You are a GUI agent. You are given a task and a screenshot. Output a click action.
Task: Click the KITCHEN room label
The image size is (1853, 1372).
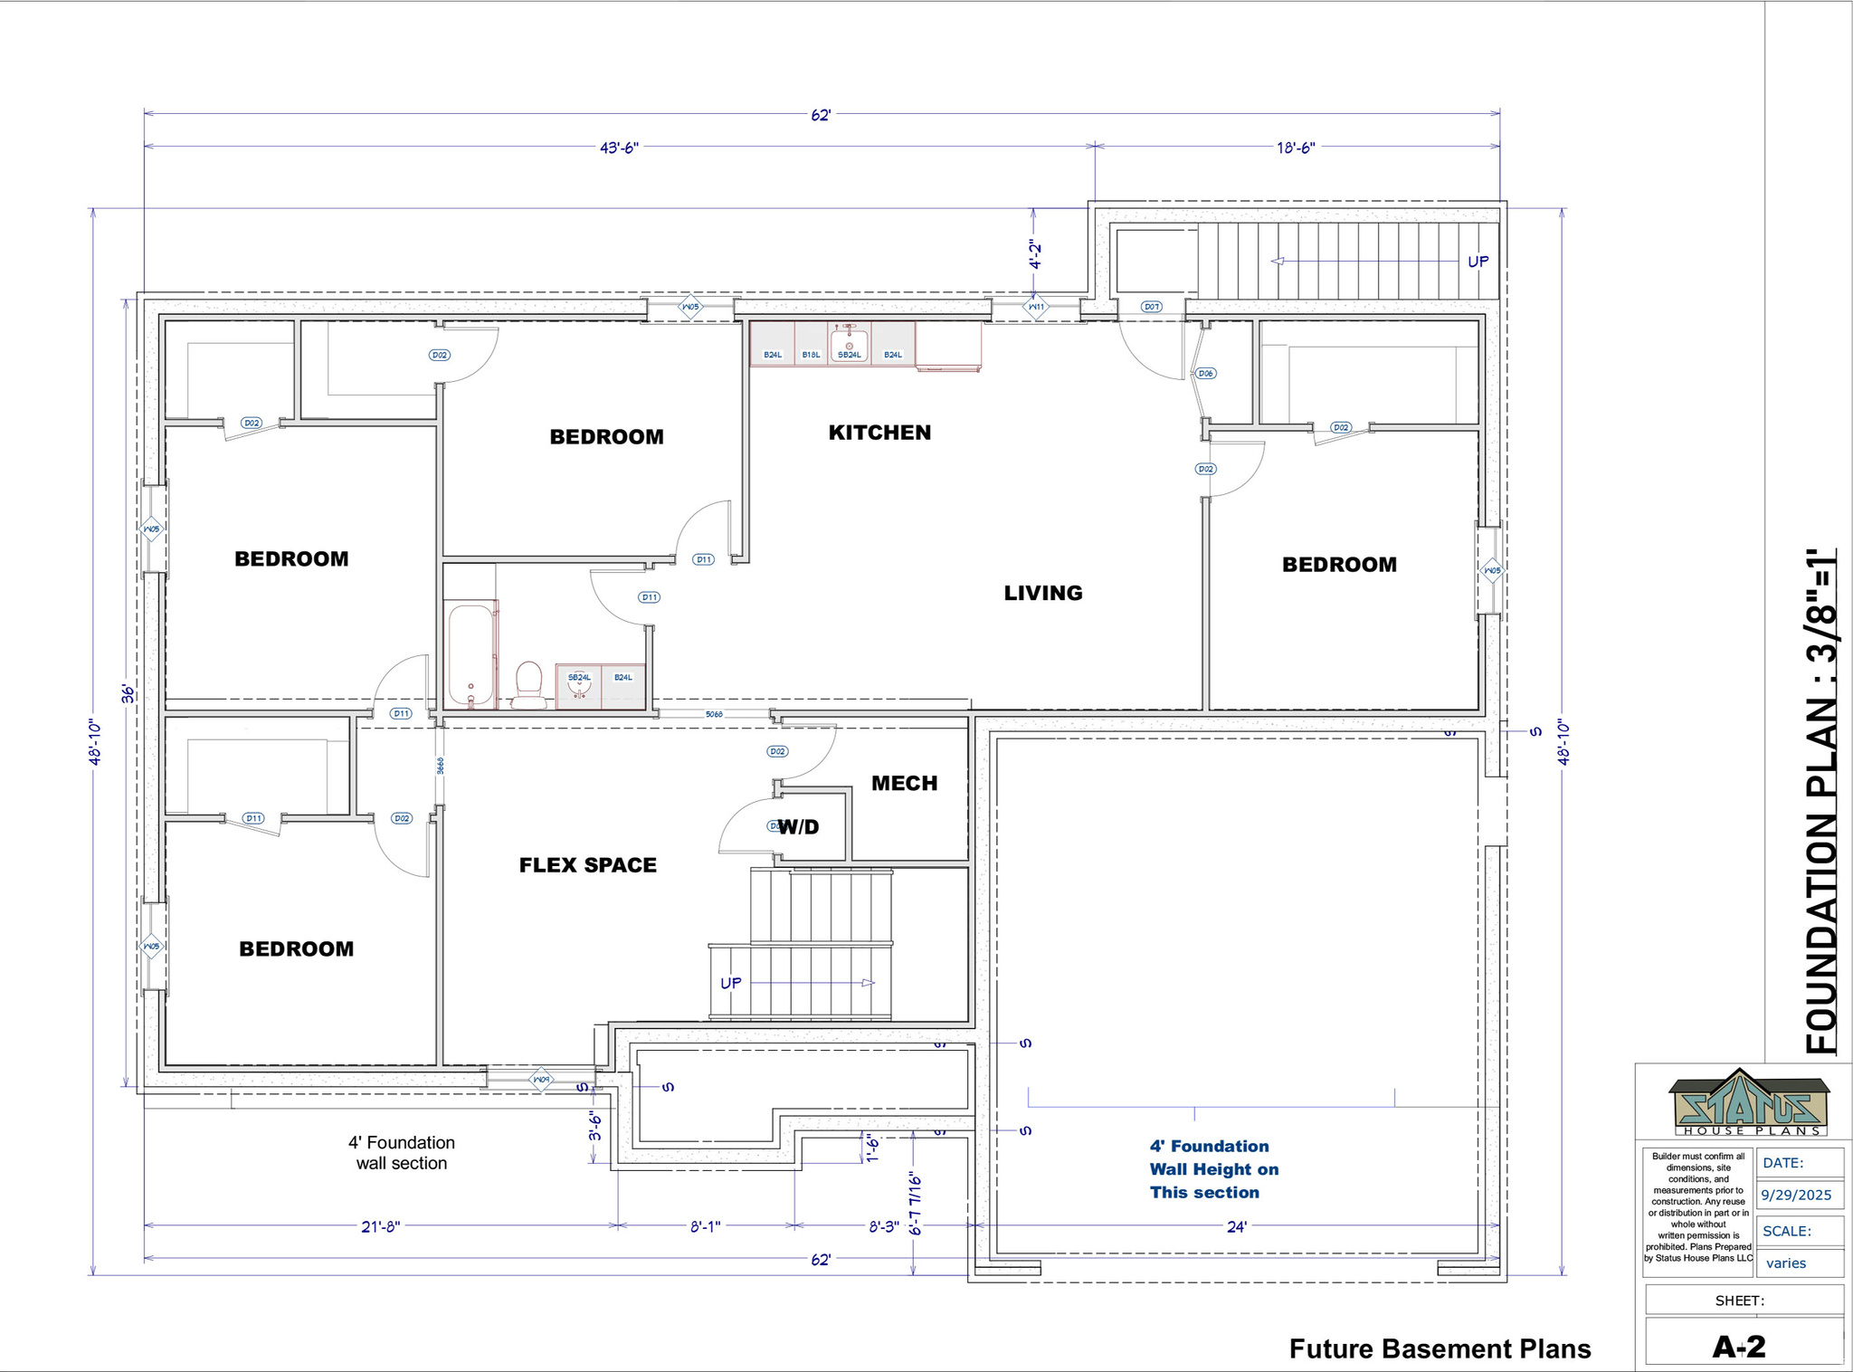click(x=879, y=433)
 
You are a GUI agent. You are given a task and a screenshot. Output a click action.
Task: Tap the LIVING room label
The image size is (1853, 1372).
click(x=1042, y=593)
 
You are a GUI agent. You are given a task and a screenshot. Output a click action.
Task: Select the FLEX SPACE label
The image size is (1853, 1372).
click(x=587, y=865)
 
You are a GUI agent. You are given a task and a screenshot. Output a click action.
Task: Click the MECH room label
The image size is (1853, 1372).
click(x=904, y=784)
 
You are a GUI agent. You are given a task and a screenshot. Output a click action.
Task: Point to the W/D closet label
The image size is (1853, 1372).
click(x=799, y=827)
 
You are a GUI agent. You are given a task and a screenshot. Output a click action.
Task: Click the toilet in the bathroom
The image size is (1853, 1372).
click(x=528, y=685)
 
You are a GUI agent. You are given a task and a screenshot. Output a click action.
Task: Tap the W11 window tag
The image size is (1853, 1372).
click(x=1036, y=307)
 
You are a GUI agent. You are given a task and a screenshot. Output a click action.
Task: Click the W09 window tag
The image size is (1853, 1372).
click(x=540, y=1080)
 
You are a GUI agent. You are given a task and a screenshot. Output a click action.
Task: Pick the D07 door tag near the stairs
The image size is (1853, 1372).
click(x=1151, y=307)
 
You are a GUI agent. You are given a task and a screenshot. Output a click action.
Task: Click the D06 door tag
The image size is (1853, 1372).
click(x=1205, y=373)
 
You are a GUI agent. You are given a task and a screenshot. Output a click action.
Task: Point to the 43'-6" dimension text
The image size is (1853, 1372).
click(x=619, y=148)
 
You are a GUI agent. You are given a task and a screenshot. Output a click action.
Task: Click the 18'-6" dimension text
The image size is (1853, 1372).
click(x=1295, y=148)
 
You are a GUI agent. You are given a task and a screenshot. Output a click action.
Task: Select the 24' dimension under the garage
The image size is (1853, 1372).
click(x=1236, y=1227)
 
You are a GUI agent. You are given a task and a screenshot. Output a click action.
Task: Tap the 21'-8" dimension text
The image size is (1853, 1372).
click(x=380, y=1227)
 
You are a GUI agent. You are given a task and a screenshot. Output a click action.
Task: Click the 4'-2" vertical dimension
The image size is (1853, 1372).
click(x=1035, y=254)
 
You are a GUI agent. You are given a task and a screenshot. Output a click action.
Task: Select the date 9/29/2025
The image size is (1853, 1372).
click(x=1796, y=1195)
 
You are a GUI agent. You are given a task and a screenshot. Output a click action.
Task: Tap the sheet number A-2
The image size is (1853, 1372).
click(x=1738, y=1347)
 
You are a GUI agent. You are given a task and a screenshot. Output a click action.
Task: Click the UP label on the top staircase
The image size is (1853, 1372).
click(x=1478, y=262)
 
